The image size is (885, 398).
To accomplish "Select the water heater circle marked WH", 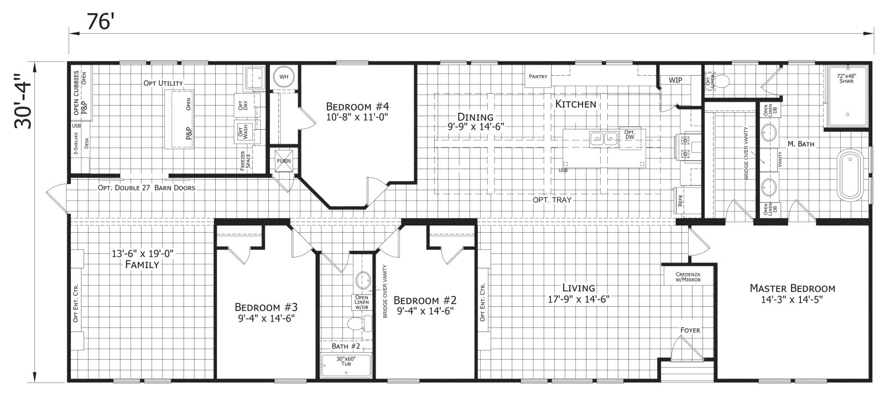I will (284, 77).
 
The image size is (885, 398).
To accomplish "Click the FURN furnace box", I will (284, 161).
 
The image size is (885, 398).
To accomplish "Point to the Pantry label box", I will (538, 76).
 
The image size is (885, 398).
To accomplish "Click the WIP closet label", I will (675, 80).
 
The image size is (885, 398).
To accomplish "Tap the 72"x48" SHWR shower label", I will (846, 78).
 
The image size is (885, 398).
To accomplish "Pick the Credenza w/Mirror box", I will (688, 277).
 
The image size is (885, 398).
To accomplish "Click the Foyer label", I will (690, 330).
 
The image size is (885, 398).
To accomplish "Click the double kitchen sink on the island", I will (603, 138).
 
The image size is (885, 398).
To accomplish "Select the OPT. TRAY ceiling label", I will (552, 200).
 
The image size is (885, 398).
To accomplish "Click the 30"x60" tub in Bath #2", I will (346, 365).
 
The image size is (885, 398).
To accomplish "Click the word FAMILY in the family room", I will (142, 265).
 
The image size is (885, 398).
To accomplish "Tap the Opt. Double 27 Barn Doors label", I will (146, 187).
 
